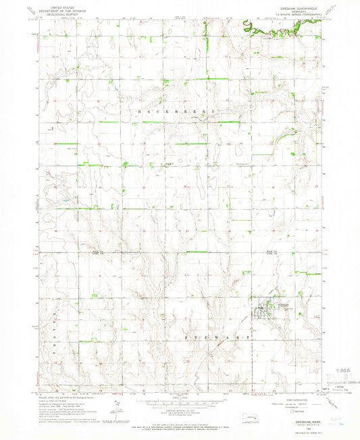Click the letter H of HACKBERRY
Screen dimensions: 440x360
pos(138,111)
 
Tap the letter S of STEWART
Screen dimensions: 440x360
pos(186,335)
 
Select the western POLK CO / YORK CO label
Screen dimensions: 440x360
pos(95,252)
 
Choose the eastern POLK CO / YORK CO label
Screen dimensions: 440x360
pos(272,252)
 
